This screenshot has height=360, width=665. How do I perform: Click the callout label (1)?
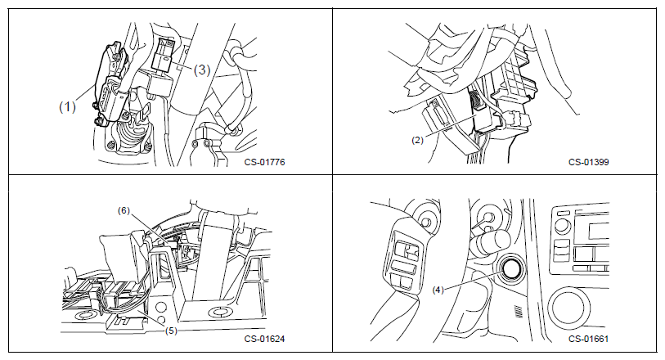coord(67,106)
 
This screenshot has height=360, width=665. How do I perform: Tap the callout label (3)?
coord(202,70)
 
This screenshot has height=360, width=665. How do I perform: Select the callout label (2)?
coord(418,140)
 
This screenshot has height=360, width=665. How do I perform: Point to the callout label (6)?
coord(124,211)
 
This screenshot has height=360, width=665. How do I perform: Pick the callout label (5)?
coord(170,330)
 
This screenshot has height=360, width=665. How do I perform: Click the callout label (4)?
coord(438,290)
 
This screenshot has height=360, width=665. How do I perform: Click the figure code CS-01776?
coord(265,162)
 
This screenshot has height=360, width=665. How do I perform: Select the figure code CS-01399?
coord(589,162)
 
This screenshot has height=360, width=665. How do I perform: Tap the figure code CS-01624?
coord(265,339)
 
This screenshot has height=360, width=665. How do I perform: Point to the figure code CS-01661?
coord(589,339)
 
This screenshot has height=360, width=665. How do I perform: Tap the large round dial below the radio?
coord(568,308)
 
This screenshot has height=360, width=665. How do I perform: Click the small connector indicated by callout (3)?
coord(163,56)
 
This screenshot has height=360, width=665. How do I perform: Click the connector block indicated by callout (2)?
coord(486,110)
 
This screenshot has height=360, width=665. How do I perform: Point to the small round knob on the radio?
coord(562,225)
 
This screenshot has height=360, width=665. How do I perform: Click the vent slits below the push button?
coord(519,313)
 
